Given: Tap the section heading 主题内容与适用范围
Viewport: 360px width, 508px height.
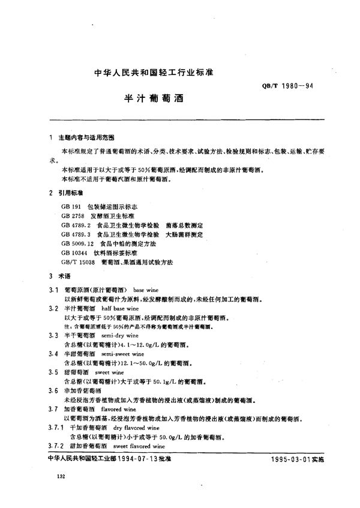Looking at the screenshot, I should coord(84,138).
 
